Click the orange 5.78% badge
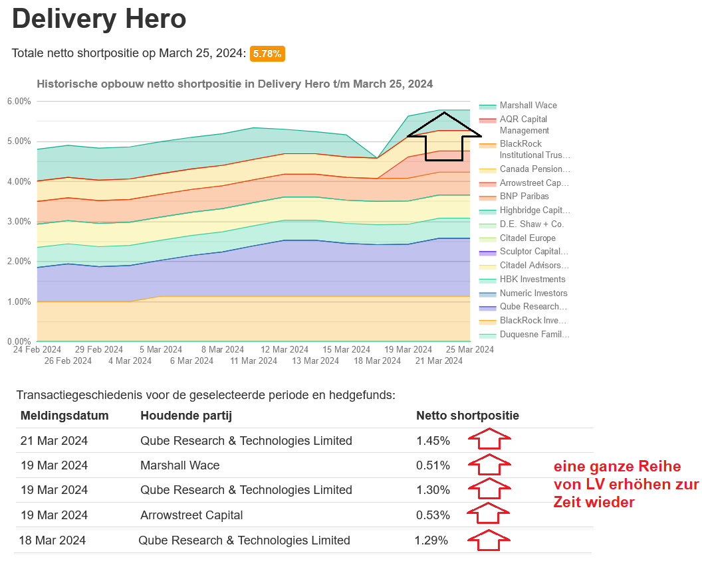[267, 54]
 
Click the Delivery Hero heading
[99, 19]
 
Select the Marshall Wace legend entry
[528, 106]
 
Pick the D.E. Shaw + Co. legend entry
[531, 224]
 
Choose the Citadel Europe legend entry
[527, 238]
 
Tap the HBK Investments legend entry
[532, 280]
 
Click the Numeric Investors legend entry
[533, 293]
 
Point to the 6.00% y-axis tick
[19, 101]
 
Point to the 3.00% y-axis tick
[19, 221]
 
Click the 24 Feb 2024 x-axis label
[37, 349]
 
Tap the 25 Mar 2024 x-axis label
[471, 349]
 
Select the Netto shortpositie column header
[467, 416]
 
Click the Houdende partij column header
[186, 416]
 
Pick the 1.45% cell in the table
[433, 441]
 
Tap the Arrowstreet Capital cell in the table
[191, 515]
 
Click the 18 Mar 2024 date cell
[53, 540]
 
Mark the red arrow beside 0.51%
[489, 465]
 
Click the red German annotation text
[626, 485]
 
